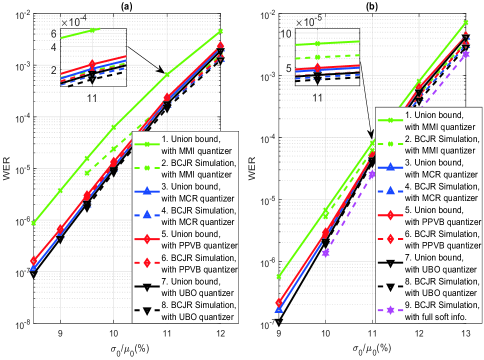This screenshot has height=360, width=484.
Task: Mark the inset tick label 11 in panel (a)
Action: click(92, 97)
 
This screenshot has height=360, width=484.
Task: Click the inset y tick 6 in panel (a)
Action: click(52, 34)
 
